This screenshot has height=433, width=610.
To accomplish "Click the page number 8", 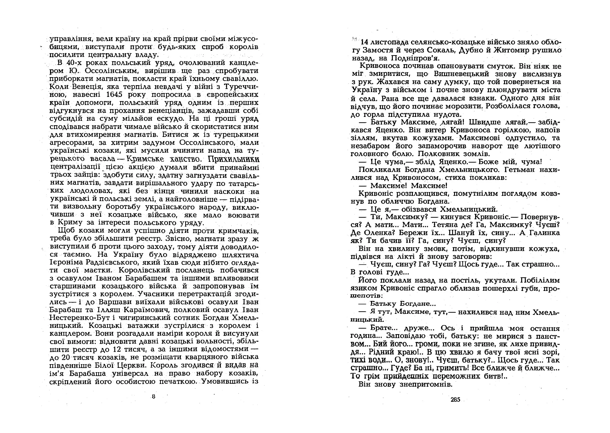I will point(153,396).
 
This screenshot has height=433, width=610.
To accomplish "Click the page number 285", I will point(456,399).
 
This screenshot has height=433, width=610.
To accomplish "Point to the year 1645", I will point(114,95).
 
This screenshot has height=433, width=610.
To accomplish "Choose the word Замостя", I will point(381,50).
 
